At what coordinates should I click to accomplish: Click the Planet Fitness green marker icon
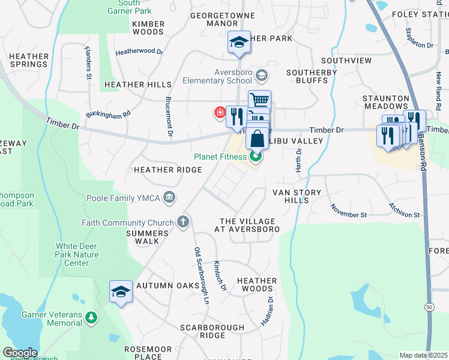coord(256,157)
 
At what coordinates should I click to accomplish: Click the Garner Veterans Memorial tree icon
coord(91,316)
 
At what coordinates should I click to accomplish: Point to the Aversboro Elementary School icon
coord(261,76)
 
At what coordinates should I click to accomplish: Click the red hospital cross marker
coord(220,112)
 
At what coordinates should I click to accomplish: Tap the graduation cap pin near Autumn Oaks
coord(121,292)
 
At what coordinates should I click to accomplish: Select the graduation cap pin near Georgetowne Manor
coord(238,43)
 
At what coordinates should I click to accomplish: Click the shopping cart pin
coord(259,100)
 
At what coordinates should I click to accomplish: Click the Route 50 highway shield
coord(429,307)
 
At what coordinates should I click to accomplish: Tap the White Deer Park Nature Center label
coord(80,254)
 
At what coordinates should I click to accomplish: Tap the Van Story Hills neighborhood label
coord(297,196)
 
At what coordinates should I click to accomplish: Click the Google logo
coord(20,353)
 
